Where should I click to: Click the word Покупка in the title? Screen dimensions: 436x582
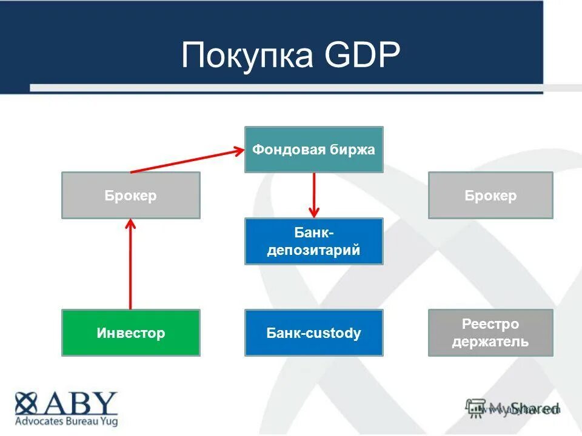click(x=247, y=56)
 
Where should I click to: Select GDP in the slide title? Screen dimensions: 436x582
click(x=363, y=56)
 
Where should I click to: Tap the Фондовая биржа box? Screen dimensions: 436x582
click(x=313, y=150)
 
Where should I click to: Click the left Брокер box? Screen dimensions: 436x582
click(x=130, y=196)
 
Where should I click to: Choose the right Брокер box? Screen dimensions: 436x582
click(x=490, y=196)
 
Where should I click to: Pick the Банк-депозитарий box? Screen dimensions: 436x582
click(x=313, y=242)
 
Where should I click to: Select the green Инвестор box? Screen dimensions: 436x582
click(x=130, y=332)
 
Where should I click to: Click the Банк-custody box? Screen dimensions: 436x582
click(x=313, y=332)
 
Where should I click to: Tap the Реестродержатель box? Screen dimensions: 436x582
click(x=490, y=332)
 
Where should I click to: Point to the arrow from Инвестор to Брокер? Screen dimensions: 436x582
click(x=130, y=266)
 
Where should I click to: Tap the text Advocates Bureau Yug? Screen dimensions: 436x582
click(x=66, y=421)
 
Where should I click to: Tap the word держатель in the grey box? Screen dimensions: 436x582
click(x=490, y=342)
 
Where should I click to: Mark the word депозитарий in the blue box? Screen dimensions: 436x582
click(x=313, y=250)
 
